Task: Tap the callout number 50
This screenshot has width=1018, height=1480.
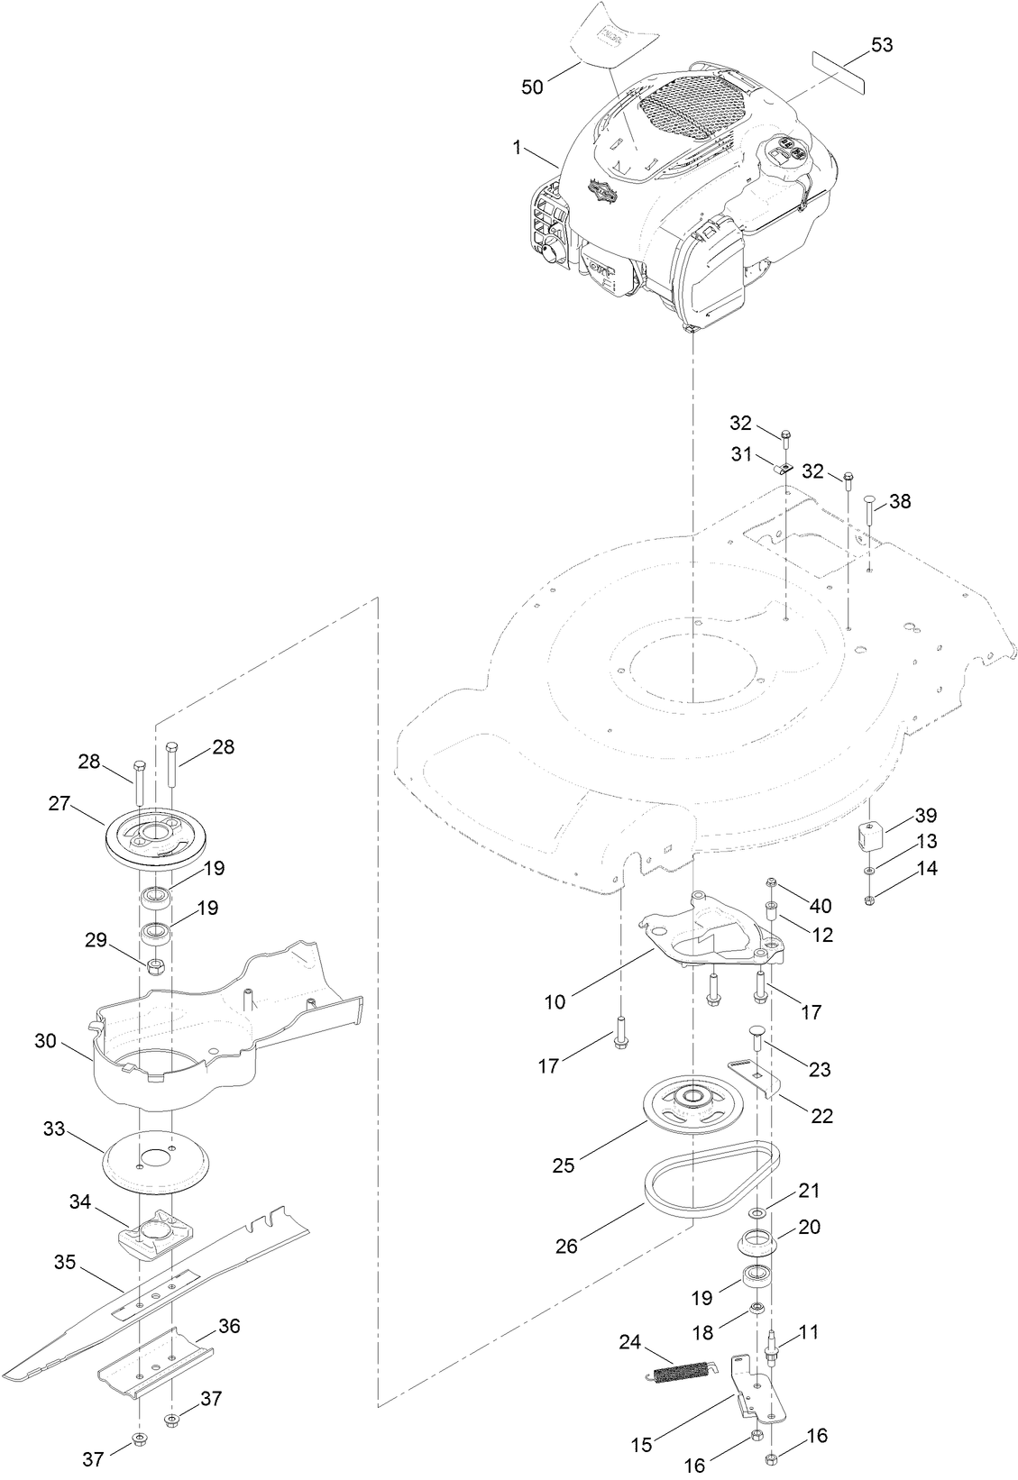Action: pos(533,87)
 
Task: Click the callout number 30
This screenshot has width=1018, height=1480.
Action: pos(46,1041)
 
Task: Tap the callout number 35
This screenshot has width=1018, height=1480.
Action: pos(65,1262)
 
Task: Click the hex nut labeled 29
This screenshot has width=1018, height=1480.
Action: pos(155,967)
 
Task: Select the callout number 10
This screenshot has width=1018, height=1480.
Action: pos(555,1000)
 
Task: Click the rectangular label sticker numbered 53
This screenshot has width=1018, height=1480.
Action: pos(839,72)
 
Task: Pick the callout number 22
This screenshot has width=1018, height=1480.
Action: pos(821,1116)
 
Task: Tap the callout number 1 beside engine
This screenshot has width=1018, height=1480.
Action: pos(518,147)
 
